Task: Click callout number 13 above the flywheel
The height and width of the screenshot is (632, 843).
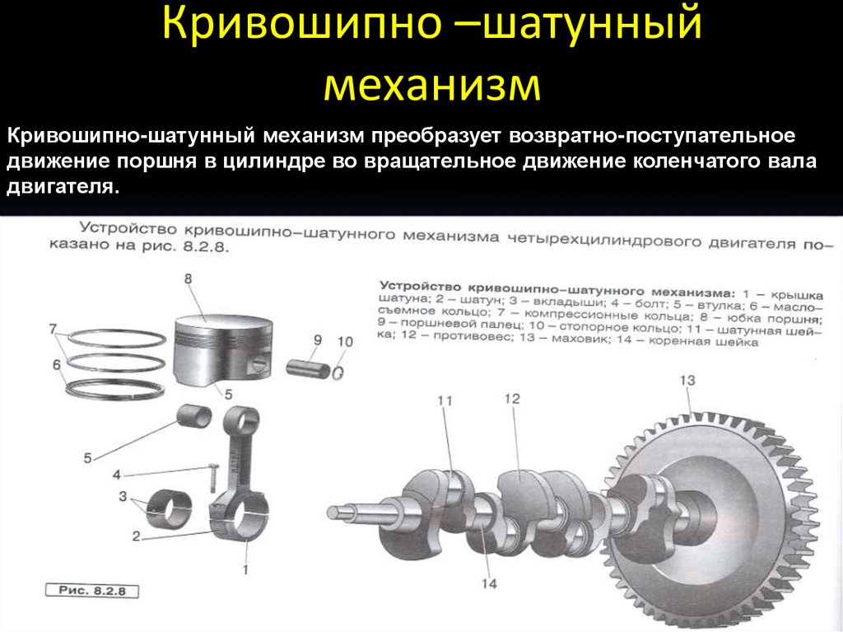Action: coord(687,380)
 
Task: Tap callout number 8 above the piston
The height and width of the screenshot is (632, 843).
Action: coord(188,279)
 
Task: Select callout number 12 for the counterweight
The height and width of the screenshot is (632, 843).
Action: coord(512,398)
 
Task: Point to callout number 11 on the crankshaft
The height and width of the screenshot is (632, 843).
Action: coord(445,401)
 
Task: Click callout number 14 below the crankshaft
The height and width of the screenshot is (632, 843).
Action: coord(489,584)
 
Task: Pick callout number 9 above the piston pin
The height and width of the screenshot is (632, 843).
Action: coord(317,339)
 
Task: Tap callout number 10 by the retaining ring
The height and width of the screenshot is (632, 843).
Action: coord(345,341)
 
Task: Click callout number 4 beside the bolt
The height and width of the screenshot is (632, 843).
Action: coord(116,475)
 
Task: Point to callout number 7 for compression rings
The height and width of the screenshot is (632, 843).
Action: coord(52,329)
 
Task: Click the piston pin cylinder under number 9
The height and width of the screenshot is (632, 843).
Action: coord(306,366)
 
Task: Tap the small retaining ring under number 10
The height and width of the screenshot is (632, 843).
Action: coord(338,372)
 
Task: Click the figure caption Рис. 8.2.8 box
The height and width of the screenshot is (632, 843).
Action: coord(91,591)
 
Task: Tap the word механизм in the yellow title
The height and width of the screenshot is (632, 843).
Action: coord(432,85)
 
